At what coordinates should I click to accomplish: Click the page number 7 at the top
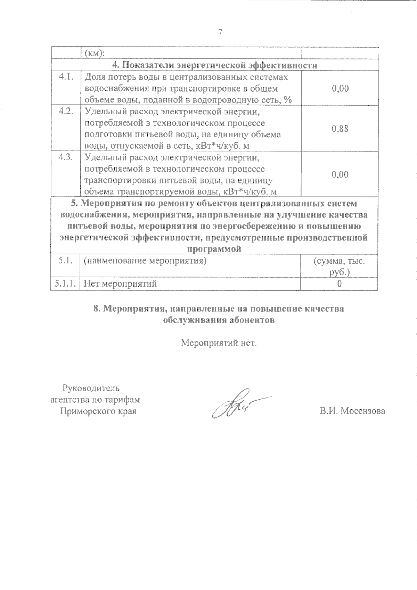[220, 33]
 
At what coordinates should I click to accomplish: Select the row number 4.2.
[65, 112]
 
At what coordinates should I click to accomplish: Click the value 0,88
[340, 129]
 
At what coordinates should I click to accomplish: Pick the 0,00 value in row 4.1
[340, 89]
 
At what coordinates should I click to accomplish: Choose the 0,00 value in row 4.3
[340, 175]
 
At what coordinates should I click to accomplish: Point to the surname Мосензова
[363, 411]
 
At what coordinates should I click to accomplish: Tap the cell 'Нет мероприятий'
[121, 284]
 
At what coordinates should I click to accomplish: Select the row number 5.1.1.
[65, 284]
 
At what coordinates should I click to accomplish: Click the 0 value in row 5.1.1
[339, 284]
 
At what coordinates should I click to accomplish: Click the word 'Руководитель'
[91, 388]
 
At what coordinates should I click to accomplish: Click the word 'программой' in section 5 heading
[214, 249]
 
